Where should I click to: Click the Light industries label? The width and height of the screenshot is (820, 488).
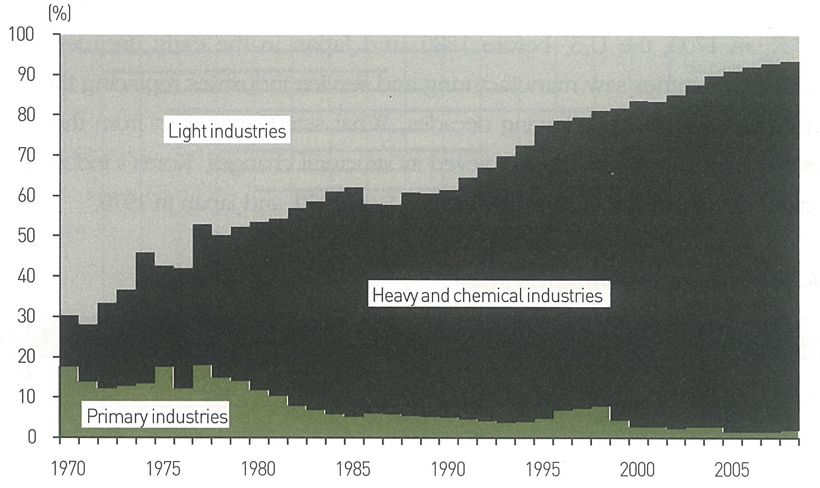pyautogui.click(x=227, y=131)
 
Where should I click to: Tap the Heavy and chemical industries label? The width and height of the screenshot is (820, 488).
pyautogui.click(x=487, y=295)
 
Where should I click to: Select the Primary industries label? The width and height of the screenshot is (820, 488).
pyautogui.click(x=157, y=417)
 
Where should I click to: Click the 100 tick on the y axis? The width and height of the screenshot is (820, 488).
pyautogui.click(x=22, y=34)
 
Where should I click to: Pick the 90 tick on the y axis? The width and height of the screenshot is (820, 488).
pyautogui.click(x=26, y=75)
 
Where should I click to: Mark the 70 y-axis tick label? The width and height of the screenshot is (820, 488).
pyautogui.click(x=26, y=155)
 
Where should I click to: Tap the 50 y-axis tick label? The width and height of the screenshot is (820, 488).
pyautogui.click(x=26, y=235)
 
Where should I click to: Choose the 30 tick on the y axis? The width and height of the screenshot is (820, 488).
pyautogui.click(x=26, y=316)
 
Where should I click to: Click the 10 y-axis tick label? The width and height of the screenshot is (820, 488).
pyautogui.click(x=26, y=396)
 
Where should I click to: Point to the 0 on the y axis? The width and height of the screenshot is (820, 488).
pyautogui.click(x=31, y=437)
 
